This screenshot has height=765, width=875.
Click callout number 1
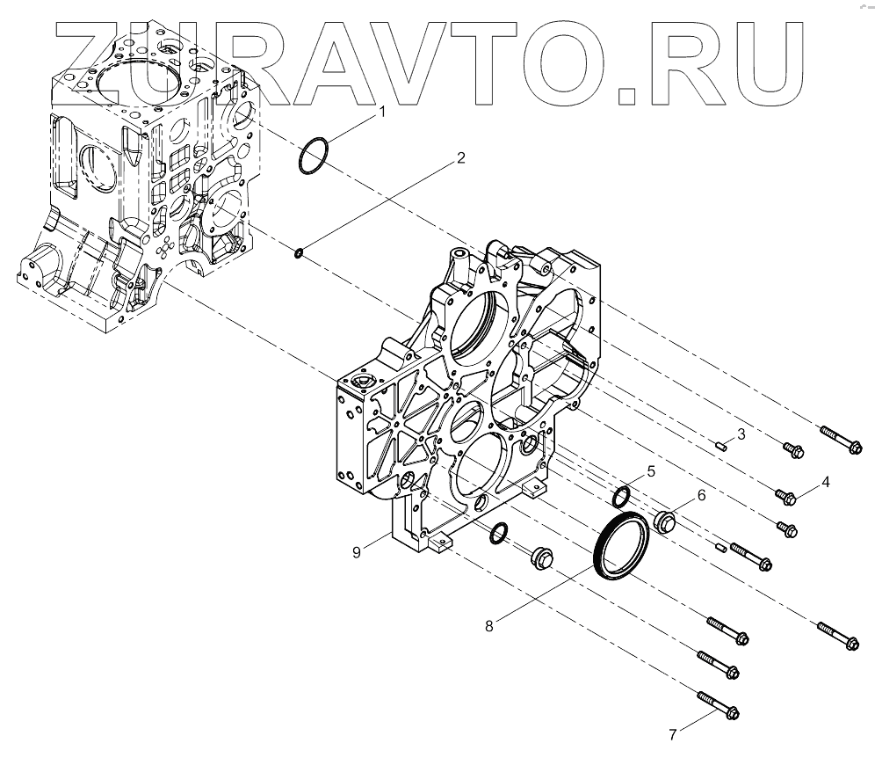coord(382,113)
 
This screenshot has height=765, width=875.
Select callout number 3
coord(741,433)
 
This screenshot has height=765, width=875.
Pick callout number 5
coord(651,471)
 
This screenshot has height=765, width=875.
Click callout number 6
coord(701,495)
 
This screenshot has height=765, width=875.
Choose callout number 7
coord(674,733)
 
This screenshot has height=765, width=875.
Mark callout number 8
coord(490,625)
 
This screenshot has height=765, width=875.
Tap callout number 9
coord(357,551)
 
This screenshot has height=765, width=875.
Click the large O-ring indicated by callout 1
coord(315,157)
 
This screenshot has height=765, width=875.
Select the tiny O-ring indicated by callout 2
coord(299,254)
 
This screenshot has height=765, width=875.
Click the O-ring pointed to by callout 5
coord(622,496)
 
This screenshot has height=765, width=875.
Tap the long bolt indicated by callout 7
coord(718,705)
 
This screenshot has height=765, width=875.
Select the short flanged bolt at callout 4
coord(785,498)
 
